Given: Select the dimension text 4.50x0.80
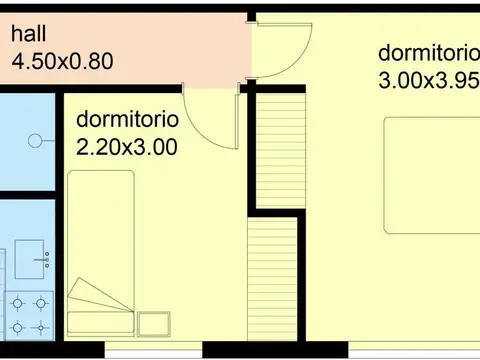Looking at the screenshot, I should (61, 60).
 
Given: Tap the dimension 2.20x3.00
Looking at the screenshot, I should (127, 146).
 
